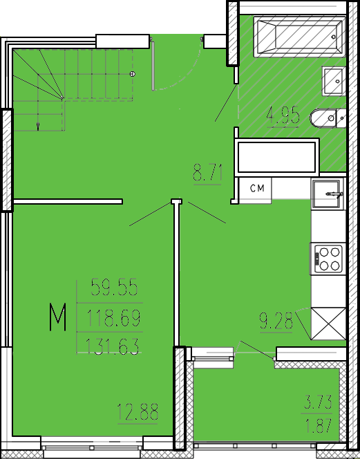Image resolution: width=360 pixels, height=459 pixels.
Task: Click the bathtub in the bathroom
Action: coord(299,37)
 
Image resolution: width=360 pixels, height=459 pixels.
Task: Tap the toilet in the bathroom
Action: coord(328,118)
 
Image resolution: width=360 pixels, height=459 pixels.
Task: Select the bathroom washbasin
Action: coord(333,81)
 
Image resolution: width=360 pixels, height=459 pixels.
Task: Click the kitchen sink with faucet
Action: coord(328,194)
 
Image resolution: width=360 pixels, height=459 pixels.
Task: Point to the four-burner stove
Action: coord(327,259)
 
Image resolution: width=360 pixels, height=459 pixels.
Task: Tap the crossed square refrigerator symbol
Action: coord(328,324)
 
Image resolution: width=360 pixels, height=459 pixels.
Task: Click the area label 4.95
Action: coord(283,115)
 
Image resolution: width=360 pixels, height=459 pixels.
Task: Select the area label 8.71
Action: coord(207,174)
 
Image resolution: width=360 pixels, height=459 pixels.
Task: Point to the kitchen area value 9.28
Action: coord(276,321)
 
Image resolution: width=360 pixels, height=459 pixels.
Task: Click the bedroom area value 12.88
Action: coord(138,412)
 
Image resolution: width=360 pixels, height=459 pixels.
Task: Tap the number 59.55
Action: coord(114,288)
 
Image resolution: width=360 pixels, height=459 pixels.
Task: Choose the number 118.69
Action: coord(113,318)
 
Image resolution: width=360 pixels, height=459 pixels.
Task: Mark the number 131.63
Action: coord(112,346)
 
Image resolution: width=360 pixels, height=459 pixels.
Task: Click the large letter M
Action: coord(57,317)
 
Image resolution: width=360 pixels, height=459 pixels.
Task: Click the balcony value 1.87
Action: coord(319,426)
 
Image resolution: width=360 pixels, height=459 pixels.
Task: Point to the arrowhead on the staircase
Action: coord(38,127)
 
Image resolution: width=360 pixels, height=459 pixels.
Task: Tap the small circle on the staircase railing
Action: coord(132,74)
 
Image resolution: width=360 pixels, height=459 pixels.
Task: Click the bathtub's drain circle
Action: coord(333,37)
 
